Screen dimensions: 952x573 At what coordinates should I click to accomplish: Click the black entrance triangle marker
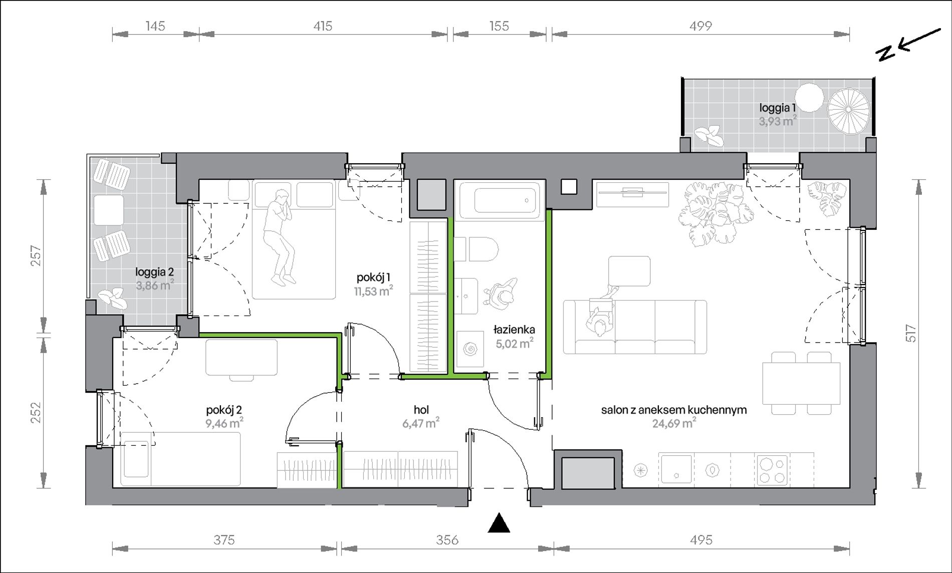(499, 523)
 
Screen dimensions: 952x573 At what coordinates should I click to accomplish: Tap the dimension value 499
(700, 26)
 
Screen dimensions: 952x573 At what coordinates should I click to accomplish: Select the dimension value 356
(447, 539)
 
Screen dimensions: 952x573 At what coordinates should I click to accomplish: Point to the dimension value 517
(910, 333)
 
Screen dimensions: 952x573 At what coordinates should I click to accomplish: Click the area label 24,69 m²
(674, 424)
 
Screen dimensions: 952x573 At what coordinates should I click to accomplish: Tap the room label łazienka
(514, 330)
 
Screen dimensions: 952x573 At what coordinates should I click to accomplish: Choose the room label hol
(421, 410)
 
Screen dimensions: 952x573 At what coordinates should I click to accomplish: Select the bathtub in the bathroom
(500, 200)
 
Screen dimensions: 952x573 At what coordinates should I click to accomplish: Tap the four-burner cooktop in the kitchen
(772, 469)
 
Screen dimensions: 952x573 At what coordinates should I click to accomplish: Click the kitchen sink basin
(675, 469)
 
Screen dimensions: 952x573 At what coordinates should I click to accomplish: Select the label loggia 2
(154, 272)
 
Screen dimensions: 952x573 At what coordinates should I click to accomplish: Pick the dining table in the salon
(801, 383)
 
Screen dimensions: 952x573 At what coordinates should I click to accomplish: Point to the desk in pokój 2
(242, 357)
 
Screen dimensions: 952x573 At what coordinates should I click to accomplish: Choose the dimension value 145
(155, 26)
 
